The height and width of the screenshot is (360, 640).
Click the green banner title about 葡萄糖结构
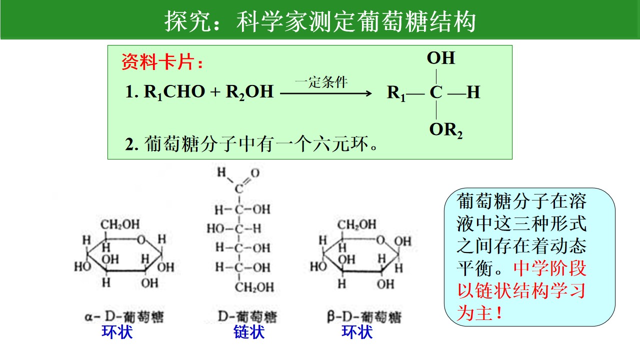click(x=320, y=21)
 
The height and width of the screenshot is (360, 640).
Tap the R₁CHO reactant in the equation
click(x=174, y=92)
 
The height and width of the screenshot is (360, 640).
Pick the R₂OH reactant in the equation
click(x=249, y=92)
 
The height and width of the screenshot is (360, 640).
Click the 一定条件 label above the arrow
click(x=321, y=82)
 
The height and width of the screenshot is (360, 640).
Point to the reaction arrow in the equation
click(x=325, y=93)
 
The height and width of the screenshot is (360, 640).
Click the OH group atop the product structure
click(x=441, y=58)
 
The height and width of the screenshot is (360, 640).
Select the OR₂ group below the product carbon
click(x=445, y=130)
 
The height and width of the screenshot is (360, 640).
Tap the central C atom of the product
click(x=436, y=92)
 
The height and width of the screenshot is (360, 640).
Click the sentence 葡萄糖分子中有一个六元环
click(x=251, y=143)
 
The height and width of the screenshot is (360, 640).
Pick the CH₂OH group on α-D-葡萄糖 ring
click(x=120, y=224)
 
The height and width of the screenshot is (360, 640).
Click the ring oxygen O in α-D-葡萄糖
click(x=141, y=239)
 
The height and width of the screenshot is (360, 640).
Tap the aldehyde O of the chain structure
click(x=255, y=172)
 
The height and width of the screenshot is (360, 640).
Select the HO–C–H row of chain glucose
click(x=234, y=228)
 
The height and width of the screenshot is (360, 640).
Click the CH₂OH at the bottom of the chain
click(x=254, y=287)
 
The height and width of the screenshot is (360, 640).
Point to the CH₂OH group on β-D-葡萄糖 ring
click(x=357, y=224)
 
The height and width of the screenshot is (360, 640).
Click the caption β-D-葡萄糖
click(x=364, y=317)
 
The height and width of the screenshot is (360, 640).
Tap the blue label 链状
click(x=249, y=332)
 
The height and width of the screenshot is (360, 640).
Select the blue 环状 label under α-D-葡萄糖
click(x=117, y=332)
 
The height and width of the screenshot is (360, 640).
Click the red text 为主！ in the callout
click(x=479, y=312)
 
